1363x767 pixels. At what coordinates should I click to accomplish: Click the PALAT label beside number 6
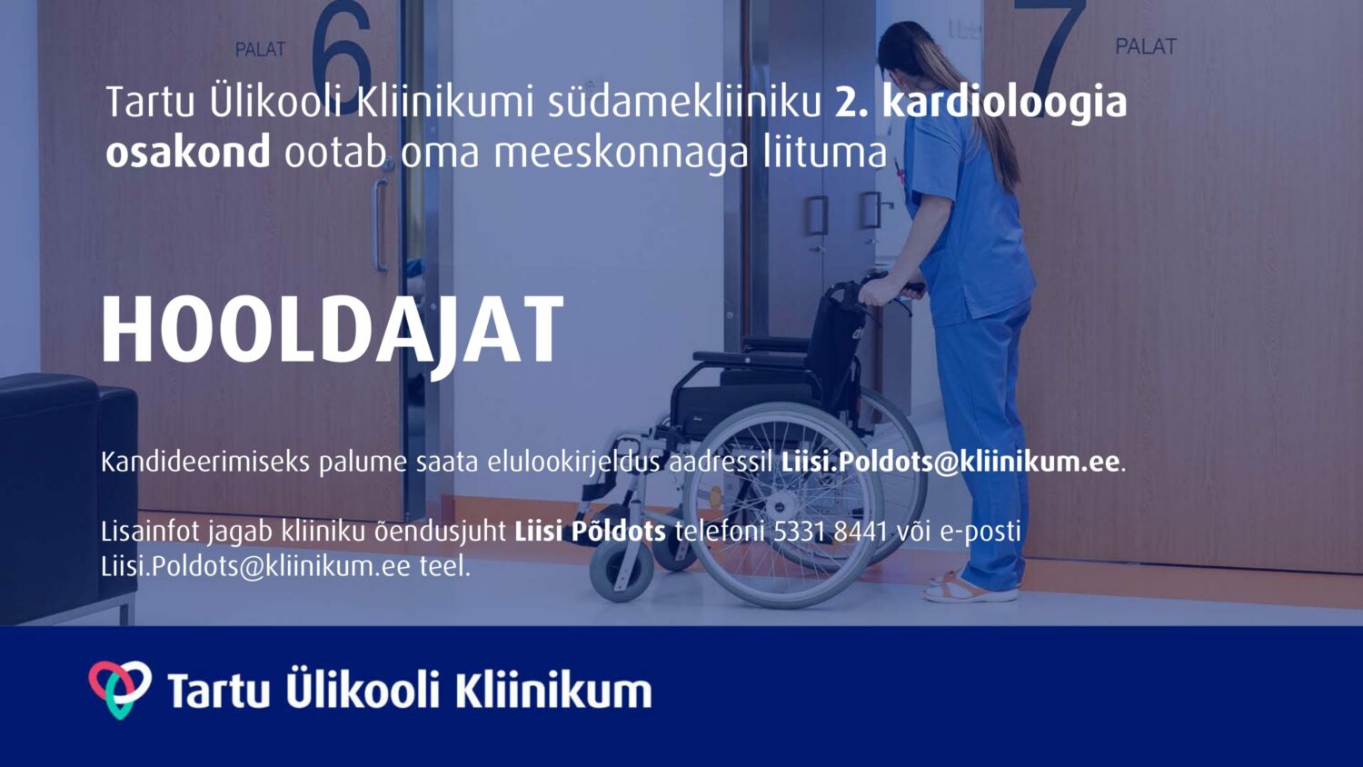(261, 49)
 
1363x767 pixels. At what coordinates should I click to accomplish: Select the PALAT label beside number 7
(1146, 46)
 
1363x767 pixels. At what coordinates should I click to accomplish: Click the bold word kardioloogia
(1005, 104)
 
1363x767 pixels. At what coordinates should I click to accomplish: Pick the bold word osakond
(188, 152)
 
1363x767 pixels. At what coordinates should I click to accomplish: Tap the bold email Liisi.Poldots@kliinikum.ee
(950, 462)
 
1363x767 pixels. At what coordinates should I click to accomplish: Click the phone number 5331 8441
(831, 532)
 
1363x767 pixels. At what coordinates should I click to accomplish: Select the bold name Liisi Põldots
(591, 532)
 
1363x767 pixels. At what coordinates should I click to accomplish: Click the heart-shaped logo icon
(120, 690)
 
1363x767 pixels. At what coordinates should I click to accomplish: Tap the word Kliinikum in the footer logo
(553, 691)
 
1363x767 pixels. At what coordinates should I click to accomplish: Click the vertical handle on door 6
(380, 224)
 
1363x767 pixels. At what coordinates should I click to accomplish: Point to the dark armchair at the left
(67, 499)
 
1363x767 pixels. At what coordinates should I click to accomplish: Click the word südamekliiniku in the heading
(684, 104)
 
